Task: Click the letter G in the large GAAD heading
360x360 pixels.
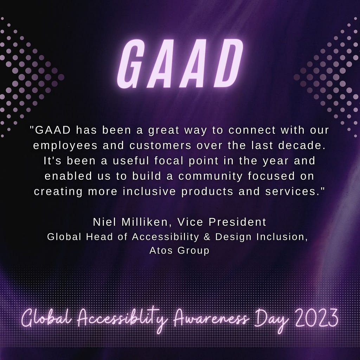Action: coord(132,64)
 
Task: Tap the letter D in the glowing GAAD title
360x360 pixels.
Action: coord(228,63)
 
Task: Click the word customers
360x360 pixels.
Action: coord(160,146)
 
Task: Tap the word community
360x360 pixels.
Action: coord(211,176)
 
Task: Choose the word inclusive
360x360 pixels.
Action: coord(149,191)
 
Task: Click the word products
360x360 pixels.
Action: coord(207,192)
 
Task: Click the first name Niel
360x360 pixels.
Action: coord(104,222)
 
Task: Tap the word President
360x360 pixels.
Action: coord(237,222)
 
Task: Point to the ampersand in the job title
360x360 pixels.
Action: coord(207,237)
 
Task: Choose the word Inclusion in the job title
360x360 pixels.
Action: coord(282,237)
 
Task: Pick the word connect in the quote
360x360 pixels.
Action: coord(252,130)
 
